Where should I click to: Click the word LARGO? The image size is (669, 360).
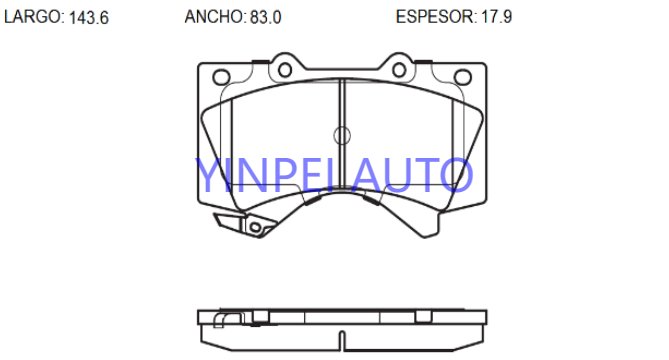click(x=33, y=17)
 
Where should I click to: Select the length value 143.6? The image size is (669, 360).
click(x=89, y=17)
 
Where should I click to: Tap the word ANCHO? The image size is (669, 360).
click(x=214, y=17)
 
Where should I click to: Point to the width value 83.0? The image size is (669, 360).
click(x=265, y=17)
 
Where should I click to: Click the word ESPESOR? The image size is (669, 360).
click(x=434, y=17)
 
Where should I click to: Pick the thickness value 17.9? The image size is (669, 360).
click(x=497, y=17)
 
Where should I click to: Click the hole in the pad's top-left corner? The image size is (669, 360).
click(x=221, y=77)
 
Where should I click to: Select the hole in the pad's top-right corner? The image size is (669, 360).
click(x=462, y=77)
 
